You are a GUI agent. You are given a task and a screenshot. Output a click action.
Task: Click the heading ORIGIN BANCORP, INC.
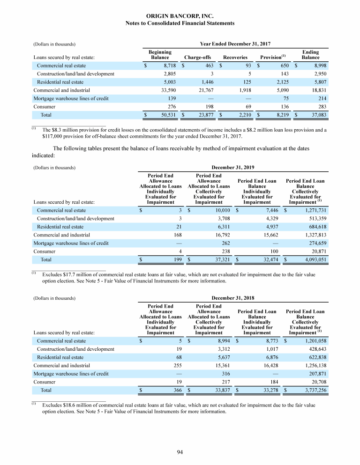coord(180,16)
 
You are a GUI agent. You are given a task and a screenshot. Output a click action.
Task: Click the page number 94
coord(180,451)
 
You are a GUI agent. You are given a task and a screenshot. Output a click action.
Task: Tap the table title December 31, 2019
coord(233,166)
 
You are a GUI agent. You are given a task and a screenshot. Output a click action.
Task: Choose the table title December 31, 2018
coord(233,298)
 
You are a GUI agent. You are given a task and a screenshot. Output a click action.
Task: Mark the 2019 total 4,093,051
coord(310,259)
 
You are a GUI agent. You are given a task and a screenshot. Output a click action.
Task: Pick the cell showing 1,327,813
coord(312,235)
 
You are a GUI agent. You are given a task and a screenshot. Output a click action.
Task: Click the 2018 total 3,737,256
coord(310,391)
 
